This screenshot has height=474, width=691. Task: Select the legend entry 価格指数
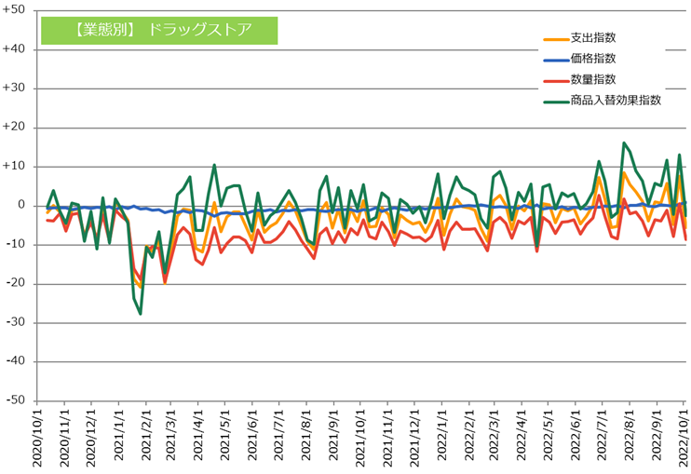tap(592, 59)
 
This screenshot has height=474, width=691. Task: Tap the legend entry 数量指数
tap(592, 79)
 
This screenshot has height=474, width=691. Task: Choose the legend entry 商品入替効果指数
tap(616, 100)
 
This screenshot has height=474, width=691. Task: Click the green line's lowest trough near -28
tap(141, 314)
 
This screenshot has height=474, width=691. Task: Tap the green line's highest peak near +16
tap(624, 143)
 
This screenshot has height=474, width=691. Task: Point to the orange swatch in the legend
tap(556, 39)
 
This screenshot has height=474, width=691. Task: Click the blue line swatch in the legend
tap(556, 60)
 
